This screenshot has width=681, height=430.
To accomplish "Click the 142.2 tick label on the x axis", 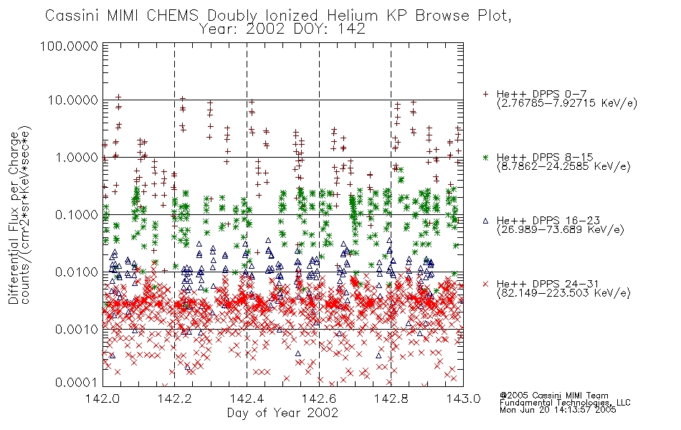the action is click(x=175, y=398).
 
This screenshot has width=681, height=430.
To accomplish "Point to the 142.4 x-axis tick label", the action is click(x=247, y=398).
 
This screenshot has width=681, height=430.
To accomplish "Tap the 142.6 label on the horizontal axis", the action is click(x=319, y=398).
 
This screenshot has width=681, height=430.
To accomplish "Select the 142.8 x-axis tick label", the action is click(x=391, y=398).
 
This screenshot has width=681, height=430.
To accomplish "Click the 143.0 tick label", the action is click(x=463, y=398).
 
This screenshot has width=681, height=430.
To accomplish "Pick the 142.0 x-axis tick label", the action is click(x=103, y=398).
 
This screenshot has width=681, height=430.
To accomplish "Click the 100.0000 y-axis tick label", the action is click(x=69, y=46).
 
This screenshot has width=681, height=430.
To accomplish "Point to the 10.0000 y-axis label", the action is click(x=72, y=100).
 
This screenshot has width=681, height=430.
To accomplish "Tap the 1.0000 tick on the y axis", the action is click(x=76, y=157).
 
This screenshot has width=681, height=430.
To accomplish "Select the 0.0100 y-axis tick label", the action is click(x=76, y=272).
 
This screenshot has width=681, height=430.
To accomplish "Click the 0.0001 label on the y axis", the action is click(x=76, y=383).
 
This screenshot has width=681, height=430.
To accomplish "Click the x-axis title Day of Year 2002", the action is click(x=282, y=413).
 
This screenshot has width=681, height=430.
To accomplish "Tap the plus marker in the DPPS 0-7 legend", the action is click(x=485, y=94).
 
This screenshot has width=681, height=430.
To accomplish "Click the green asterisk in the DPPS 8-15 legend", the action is click(x=485, y=157).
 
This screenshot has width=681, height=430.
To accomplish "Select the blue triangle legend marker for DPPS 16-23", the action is click(x=485, y=221).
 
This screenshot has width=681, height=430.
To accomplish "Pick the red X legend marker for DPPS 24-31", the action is click(x=485, y=284).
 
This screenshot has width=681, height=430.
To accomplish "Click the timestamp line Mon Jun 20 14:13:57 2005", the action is click(x=558, y=410).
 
